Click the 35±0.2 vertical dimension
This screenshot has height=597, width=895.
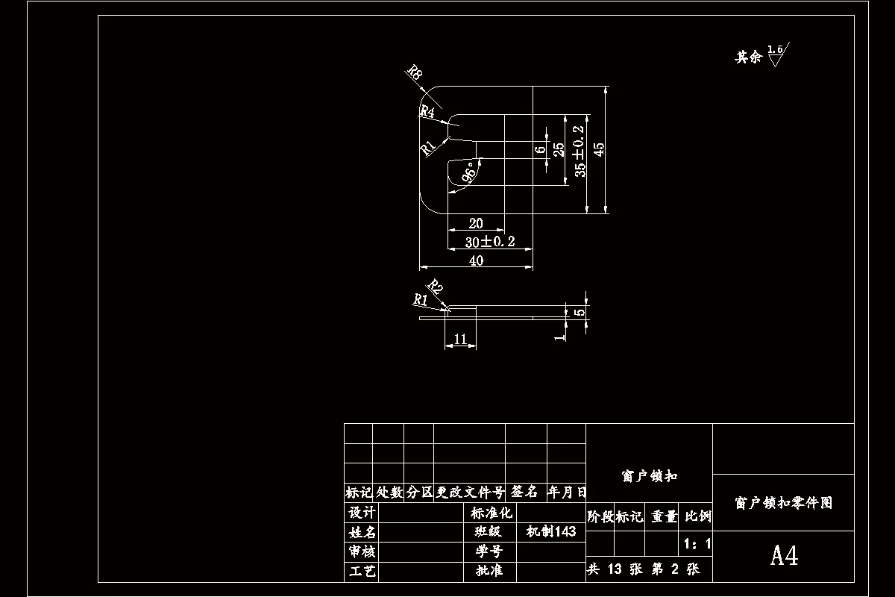tap(580, 151)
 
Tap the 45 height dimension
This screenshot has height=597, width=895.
tap(599, 149)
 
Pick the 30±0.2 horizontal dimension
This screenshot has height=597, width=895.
tap(489, 242)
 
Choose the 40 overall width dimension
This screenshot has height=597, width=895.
tap(476, 260)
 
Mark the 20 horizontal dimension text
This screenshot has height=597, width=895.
tap(475, 223)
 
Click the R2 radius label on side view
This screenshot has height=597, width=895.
tap(435, 287)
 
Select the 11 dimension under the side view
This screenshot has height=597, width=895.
tap(460, 339)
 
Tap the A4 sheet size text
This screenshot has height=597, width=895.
tap(784, 556)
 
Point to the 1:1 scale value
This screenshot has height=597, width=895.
tap(697, 543)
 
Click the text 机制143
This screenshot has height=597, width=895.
tap(550, 532)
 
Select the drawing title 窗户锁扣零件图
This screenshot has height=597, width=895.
tap(783, 503)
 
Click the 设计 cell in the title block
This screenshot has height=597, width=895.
tap(362, 513)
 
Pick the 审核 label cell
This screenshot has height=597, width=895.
tap(362, 551)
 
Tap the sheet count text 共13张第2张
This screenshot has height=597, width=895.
tap(643, 569)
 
